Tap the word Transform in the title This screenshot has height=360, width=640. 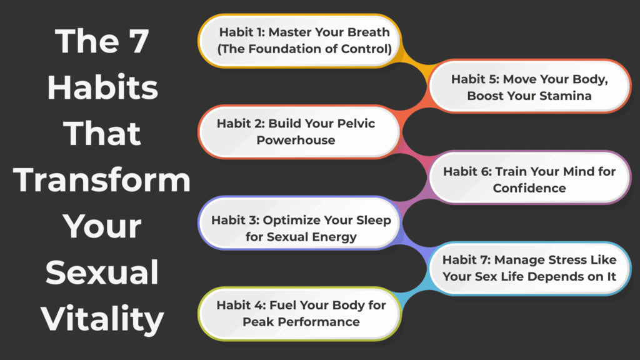click(102, 180)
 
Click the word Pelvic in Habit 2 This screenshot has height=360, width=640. click(356, 123)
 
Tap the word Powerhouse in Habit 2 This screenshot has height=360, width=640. click(296, 140)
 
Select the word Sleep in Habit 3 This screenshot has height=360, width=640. click(374, 220)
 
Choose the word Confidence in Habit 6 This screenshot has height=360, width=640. click(529, 187)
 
